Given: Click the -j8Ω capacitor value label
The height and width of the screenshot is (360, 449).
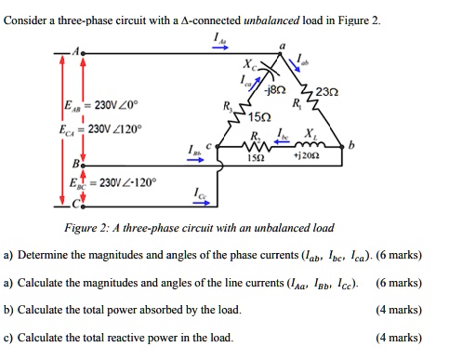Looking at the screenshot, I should (x=275, y=90).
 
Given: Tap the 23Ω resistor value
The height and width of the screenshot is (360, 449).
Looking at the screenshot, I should (x=326, y=91).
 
